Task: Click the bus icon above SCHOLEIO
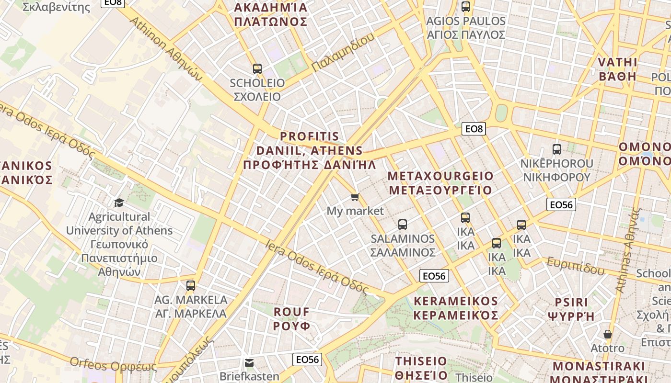tap(257, 68)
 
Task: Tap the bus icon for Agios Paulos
tap(465, 7)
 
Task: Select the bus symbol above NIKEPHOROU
tap(556, 149)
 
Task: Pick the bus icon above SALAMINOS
tap(403, 224)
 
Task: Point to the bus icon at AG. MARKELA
tap(191, 286)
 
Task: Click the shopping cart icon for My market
tap(355, 197)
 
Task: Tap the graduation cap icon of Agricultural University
tap(119, 203)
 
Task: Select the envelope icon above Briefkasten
tap(249, 362)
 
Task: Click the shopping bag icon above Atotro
tap(607, 334)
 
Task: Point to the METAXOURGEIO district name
tap(440, 183)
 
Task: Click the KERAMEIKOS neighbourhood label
tap(456, 308)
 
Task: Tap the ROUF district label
tap(292, 319)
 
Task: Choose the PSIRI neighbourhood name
tap(571, 309)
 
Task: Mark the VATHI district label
tap(618, 69)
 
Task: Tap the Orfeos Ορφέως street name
tap(113, 364)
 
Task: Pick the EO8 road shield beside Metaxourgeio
tap(474, 128)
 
